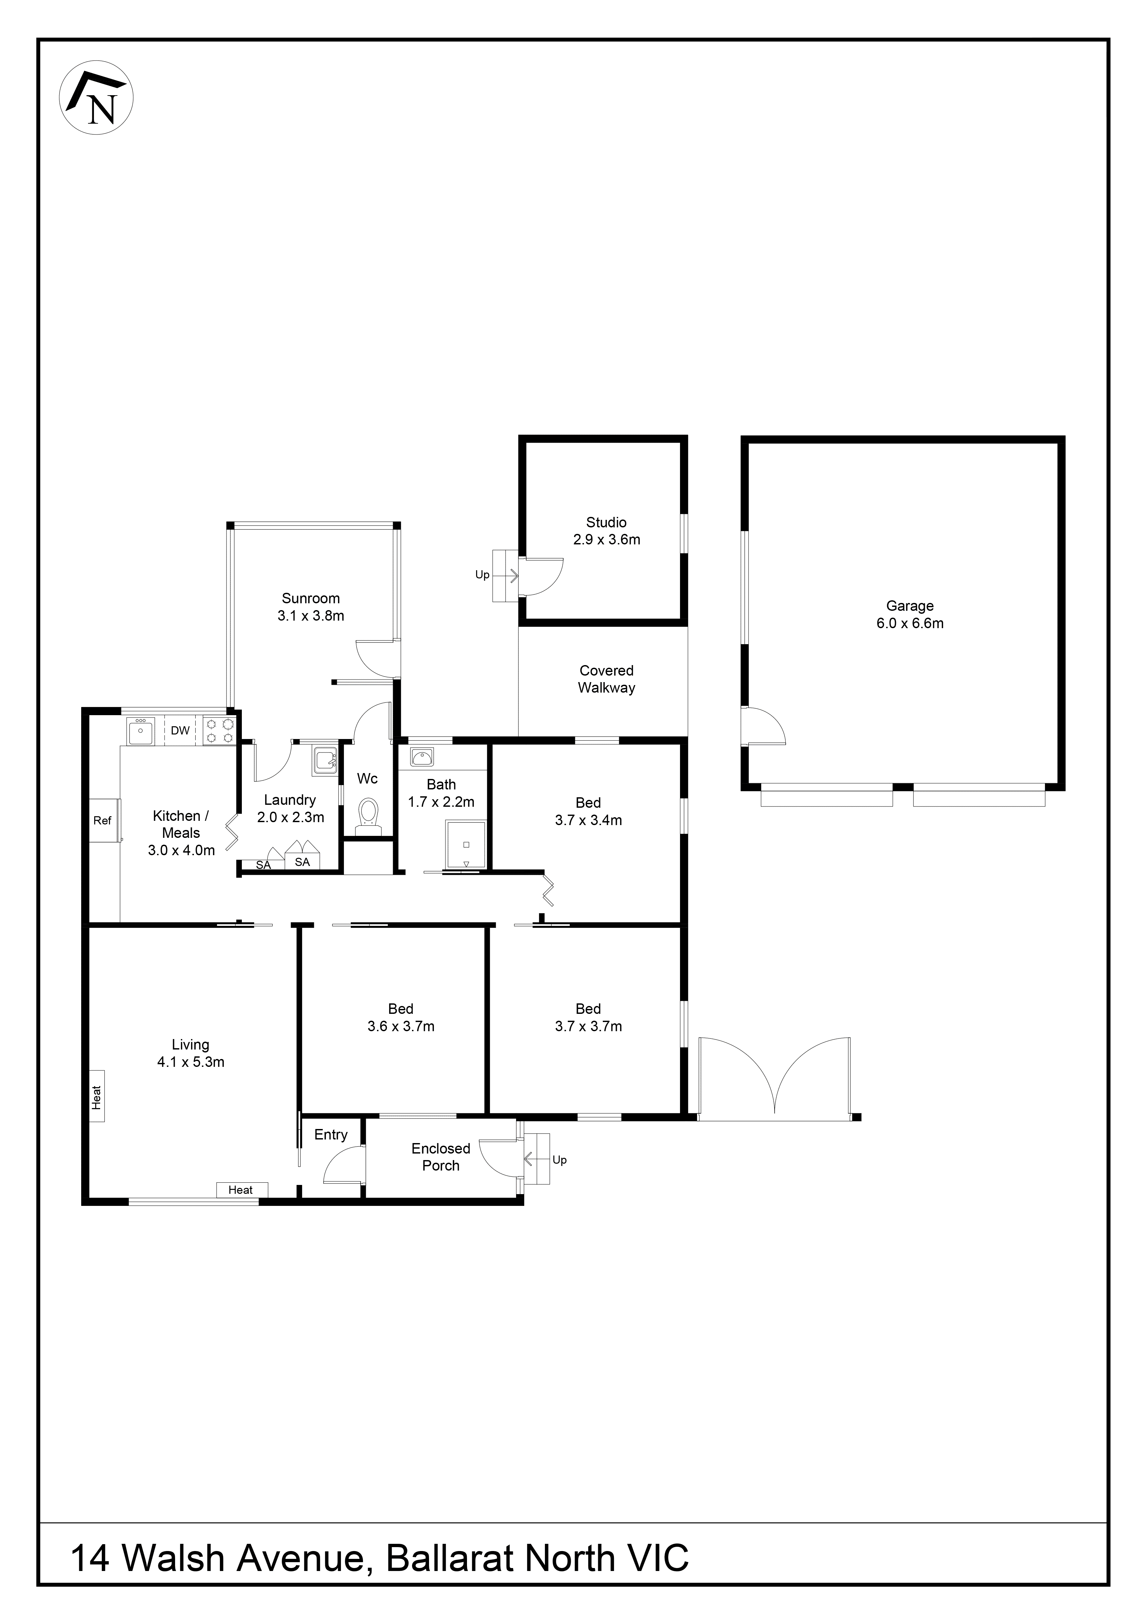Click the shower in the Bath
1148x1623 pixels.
tap(466, 845)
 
